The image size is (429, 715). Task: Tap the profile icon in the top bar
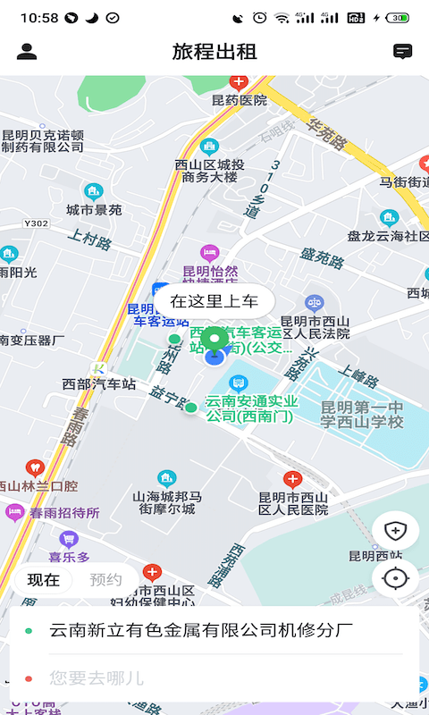coord(27,52)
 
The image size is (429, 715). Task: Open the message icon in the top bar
coord(403,52)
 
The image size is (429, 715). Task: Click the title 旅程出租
coord(214,52)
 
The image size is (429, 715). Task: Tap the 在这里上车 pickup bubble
coord(214,301)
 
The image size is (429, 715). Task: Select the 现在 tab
coord(44,579)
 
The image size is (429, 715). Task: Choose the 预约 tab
coord(106,579)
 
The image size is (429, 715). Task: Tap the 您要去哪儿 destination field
coord(97,678)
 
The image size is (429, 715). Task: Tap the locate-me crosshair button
coord(394,579)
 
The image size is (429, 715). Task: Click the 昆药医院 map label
coord(239,100)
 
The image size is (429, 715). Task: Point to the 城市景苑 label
coord(94,210)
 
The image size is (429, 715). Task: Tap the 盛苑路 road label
coord(322,258)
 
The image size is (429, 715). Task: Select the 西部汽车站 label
coord(99,384)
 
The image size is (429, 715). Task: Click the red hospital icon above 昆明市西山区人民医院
coord(292,479)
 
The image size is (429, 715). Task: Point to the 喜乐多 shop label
coord(70,557)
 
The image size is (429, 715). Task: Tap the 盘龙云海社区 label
coord(389,236)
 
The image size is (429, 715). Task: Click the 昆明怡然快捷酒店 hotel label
coord(210,278)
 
